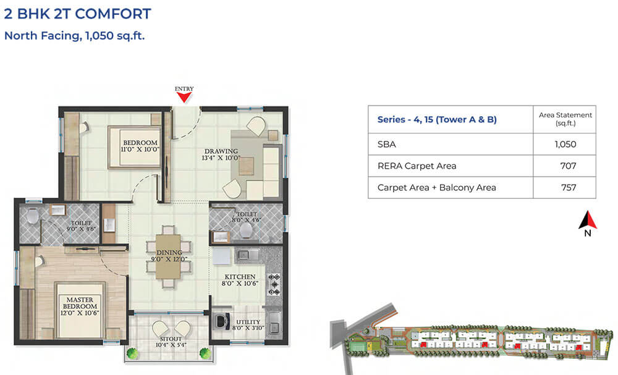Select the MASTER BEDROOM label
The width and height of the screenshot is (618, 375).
[79, 303]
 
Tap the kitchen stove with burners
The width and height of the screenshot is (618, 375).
[274, 285]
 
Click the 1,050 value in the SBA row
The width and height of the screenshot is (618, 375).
[565, 145]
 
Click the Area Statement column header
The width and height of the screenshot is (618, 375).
[565, 119]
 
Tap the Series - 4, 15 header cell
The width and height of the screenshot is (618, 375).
[437, 119]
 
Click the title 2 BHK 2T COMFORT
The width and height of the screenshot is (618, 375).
[77, 14]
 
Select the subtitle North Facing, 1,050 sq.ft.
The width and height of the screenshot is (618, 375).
[74, 35]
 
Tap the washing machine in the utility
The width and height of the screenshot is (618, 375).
[220, 322]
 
